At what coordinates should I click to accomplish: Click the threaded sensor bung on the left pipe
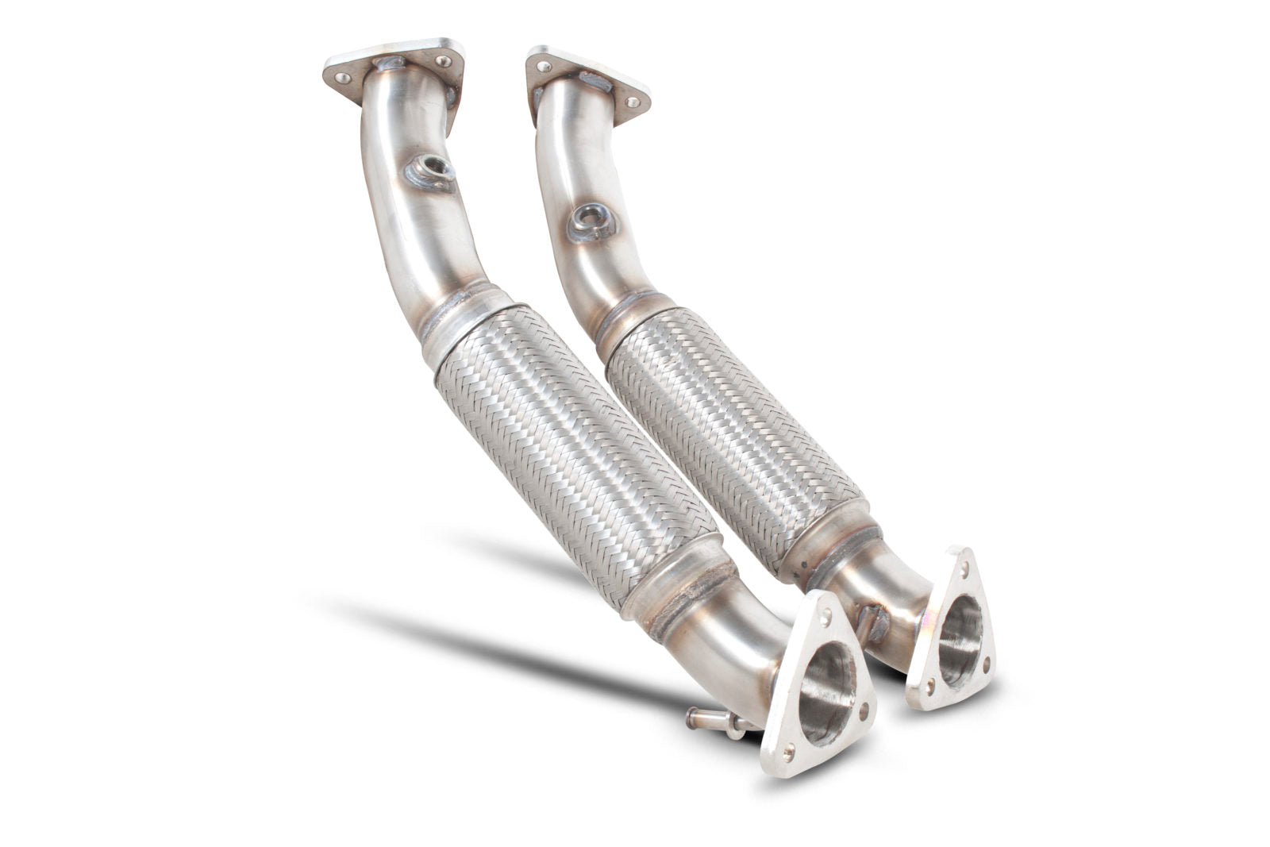[x=433, y=167]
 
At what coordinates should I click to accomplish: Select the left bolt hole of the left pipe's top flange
[x=343, y=77]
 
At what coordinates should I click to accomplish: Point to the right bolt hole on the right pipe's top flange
[x=633, y=102]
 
